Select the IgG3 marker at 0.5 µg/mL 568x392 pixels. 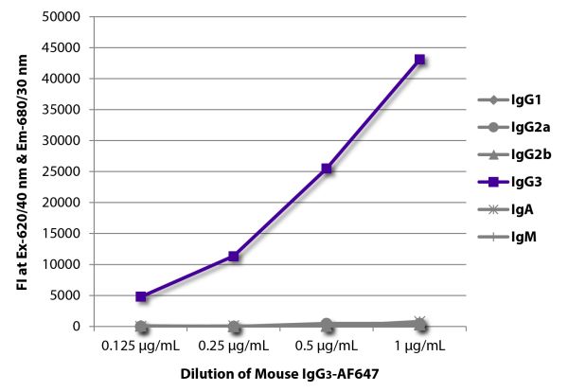[327, 169]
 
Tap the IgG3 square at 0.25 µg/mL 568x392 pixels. [234, 256]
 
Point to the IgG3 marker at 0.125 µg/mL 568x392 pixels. [141, 296]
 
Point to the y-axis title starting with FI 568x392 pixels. [22, 171]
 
